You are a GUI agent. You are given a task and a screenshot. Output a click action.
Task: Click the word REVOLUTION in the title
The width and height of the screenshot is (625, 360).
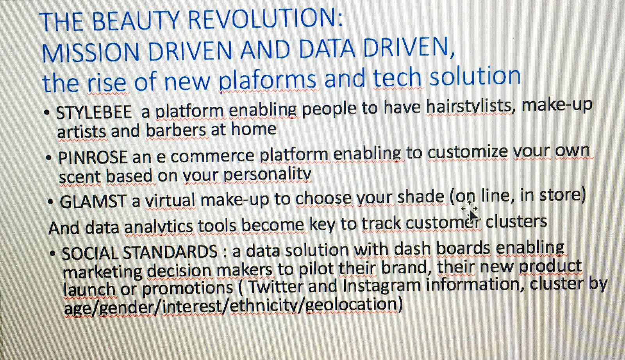(x=265, y=20)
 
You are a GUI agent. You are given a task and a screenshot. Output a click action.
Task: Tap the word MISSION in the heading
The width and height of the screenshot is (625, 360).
(x=90, y=52)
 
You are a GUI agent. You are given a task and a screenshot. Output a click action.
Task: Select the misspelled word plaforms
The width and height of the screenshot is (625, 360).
(x=268, y=79)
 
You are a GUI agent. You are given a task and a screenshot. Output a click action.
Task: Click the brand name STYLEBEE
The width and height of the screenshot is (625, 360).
(x=94, y=112)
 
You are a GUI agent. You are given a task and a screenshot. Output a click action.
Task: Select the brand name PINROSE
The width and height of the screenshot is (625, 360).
(x=93, y=157)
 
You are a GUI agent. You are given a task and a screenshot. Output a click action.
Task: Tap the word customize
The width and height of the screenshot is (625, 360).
(x=467, y=152)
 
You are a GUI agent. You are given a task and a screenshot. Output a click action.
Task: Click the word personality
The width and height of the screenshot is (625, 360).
(x=267, y=175)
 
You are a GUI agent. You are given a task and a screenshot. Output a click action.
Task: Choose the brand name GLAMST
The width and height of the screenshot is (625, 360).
(x=93, y=201)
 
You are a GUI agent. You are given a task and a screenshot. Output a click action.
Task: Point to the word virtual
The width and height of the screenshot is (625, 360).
(x=170, y=200)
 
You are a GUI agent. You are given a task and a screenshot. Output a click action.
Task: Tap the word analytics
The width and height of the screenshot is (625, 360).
(x=159, y=227)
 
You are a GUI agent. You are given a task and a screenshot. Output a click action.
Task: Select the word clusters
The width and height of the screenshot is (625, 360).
(x=516, y=222)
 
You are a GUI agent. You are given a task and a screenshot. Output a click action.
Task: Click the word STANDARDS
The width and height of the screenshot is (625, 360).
(x=170, y=252)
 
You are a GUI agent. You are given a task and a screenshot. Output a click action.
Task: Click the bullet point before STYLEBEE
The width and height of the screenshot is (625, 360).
(x=47, y=113)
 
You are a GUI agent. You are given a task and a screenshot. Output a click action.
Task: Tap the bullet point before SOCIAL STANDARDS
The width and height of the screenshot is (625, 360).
(x=52, y=253)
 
